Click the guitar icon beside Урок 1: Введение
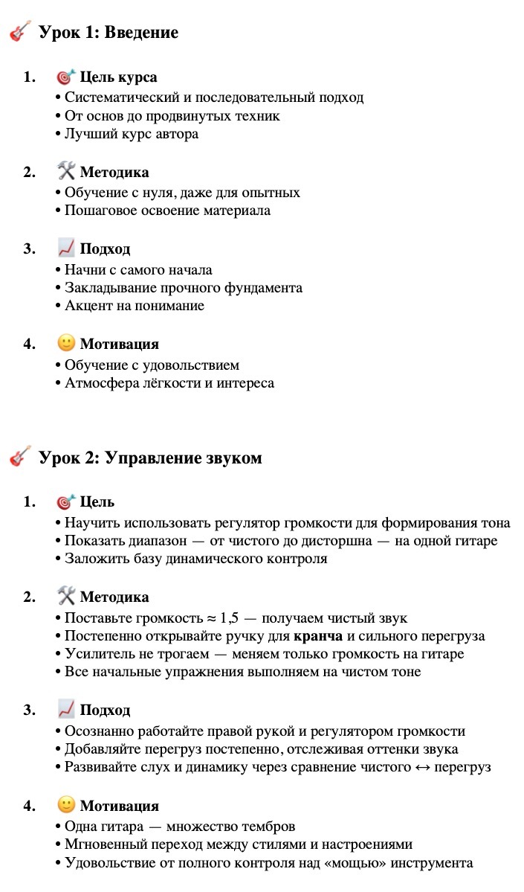point(20,32)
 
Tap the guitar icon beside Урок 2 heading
point(20,457)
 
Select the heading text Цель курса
point(118,77)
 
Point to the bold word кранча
point(319,636)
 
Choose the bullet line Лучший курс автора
point(131,134)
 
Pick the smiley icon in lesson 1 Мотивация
point(66,344)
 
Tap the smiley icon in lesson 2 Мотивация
point(66,805)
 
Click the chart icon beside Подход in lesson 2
point(66,709)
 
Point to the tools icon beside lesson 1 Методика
point(66,172)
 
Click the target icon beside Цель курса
point(66,77)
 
